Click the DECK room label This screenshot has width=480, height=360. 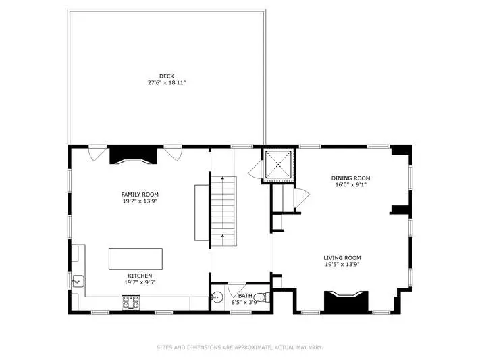[167, 76]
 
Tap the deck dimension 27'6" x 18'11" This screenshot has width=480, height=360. [167, 82]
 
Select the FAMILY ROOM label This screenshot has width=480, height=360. [140, 195]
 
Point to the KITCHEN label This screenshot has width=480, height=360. [140, 276]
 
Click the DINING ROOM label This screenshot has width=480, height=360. [350, 178]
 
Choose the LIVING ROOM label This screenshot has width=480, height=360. [342, 258]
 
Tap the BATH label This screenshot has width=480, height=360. [245, 296]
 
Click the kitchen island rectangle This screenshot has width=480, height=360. [136, 259]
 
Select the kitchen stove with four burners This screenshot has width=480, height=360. [131, 303]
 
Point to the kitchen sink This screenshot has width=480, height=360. [78, 281]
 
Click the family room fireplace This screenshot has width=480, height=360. [133, 155]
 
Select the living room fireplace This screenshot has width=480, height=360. [346, 303]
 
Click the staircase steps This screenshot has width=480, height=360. [224, 211]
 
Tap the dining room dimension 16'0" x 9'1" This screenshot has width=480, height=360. [350, 185]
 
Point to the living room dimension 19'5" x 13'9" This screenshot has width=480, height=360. [342, 265]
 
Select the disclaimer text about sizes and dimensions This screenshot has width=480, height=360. [240, 347]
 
